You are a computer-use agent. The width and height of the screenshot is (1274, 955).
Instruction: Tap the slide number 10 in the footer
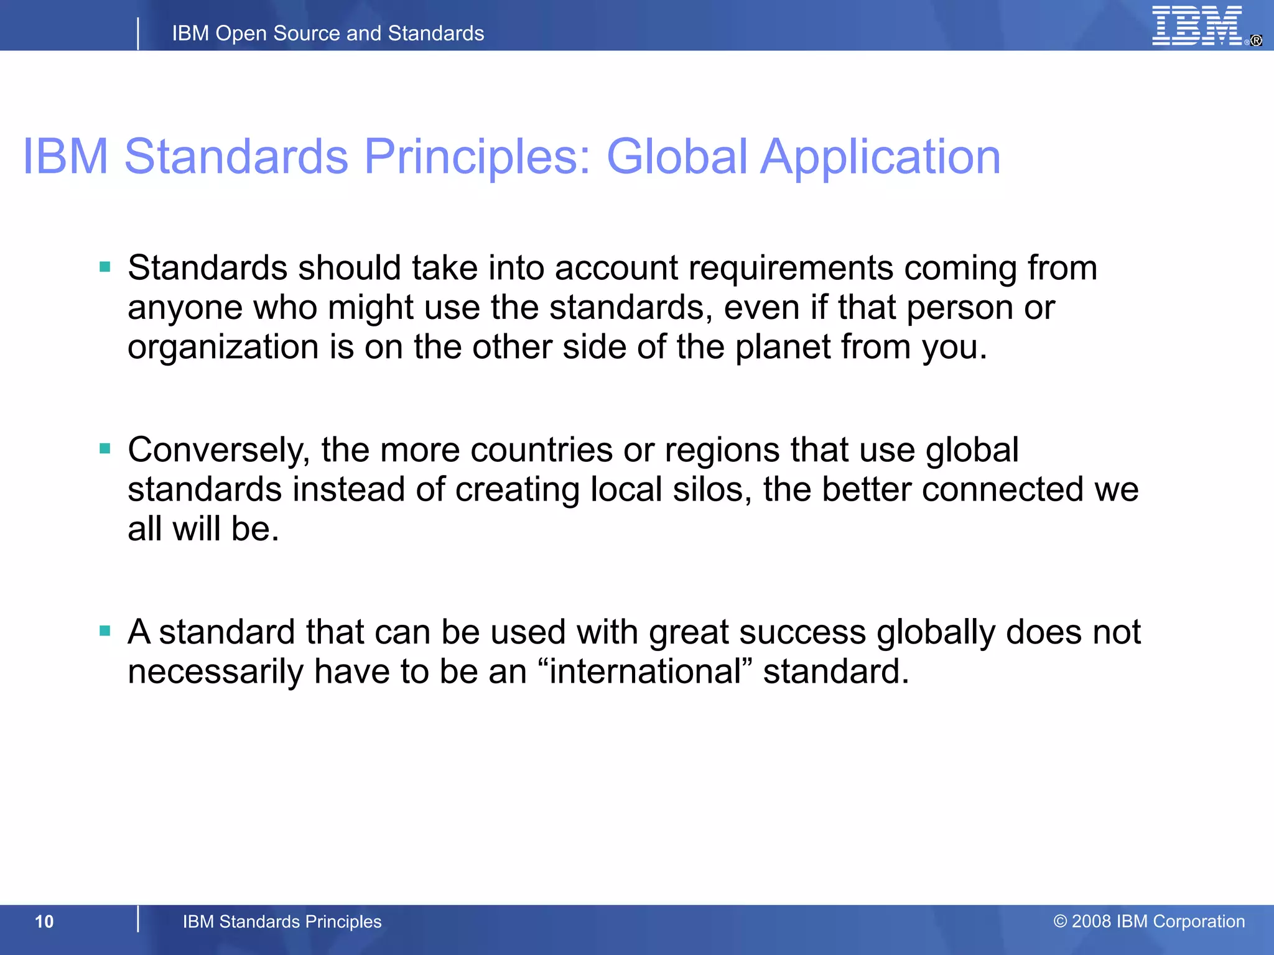pyautogui.click(x=44, y=921)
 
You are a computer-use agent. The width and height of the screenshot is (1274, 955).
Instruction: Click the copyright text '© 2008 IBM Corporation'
pyautogui.click(x=1149, y=921)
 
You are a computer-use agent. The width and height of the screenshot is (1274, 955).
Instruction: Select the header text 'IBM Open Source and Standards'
pyautogui.click(x=328, y=33)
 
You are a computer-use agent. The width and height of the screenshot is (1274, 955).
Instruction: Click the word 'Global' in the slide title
pyautogui.click(x=677, y=156)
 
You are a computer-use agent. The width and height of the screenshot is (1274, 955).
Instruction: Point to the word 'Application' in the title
pyautogui.click(x=880, y=157)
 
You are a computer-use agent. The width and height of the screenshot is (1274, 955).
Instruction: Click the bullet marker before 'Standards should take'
pyautogui.click(x=105, y=267)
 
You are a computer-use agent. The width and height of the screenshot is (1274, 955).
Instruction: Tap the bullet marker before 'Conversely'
pyautogui.click(x=105, y=448)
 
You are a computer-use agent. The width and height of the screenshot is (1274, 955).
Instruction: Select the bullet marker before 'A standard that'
pyautogui.click(x=105, y=631)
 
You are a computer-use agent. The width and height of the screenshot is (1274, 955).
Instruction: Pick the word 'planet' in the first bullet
pyautogui.click(x=783, y=346)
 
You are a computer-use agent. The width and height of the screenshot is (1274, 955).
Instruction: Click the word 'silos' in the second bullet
pyautogui.click(x=712, y=489)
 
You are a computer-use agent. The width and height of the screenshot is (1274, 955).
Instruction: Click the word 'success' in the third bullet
pyautogui.click(x=802, y=632)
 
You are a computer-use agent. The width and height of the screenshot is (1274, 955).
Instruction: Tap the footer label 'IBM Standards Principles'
pyautogui.click(x=282, y=921)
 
